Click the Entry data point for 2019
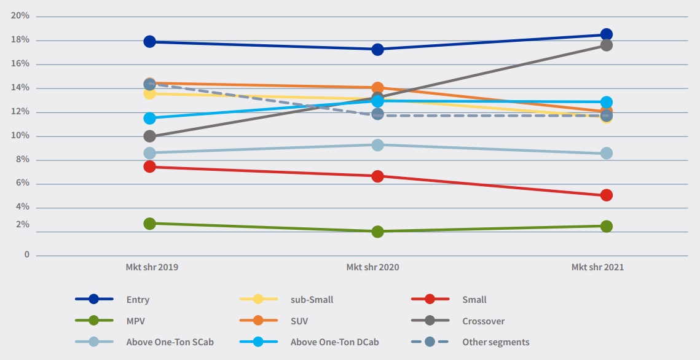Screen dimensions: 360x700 (149, 42)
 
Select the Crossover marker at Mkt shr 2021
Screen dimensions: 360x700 (606, 45)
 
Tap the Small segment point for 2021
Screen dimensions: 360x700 (606, 195)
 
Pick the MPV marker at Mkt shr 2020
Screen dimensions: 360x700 (377, 232)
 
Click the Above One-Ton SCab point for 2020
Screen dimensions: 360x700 (377, 145)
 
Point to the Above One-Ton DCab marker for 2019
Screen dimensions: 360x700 (149, 118)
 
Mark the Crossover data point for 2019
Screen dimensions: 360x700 (149, 136)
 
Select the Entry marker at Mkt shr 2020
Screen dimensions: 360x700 (377, 49)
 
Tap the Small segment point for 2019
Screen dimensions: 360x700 (149, 166)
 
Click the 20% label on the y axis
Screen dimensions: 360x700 (20, 16)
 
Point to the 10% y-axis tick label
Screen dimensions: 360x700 (20, 136)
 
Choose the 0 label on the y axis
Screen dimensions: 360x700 (26, 254)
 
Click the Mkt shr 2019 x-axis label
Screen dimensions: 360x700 (152, 267)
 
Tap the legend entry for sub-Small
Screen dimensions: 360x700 (312, 300)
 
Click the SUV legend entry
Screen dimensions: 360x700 (300, 321)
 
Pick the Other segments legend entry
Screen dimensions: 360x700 (495, 342)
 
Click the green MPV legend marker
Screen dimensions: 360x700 (93, 321)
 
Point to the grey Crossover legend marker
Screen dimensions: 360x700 (430, 321)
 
